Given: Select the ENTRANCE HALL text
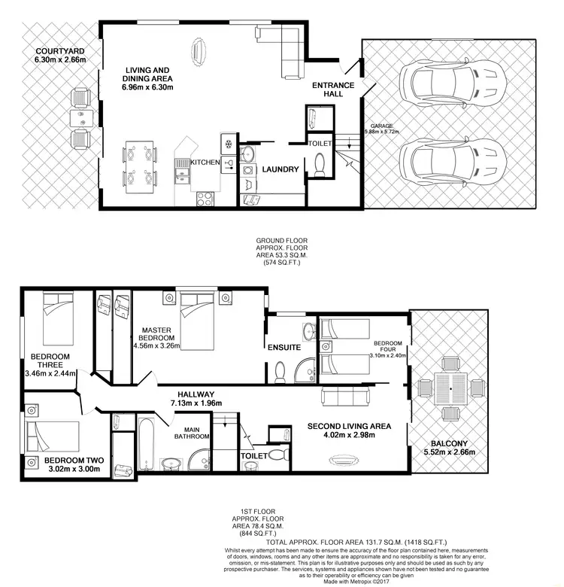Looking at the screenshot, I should pyautogui.click(x=333, y=90).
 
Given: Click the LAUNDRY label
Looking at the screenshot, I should pyautogui.click(x=280, y=169).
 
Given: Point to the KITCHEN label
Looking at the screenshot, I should pyautogui.click(x=205, y=162).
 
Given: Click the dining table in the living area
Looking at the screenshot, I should pyautogui.click(x=140, y=166).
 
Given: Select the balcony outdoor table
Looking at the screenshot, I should pyautogui.click(x=450, y=388).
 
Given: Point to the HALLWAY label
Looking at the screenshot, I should pyautogui.click(x=196, y=394).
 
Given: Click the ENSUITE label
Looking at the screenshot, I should pyautogui.click(x=284, y=348).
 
